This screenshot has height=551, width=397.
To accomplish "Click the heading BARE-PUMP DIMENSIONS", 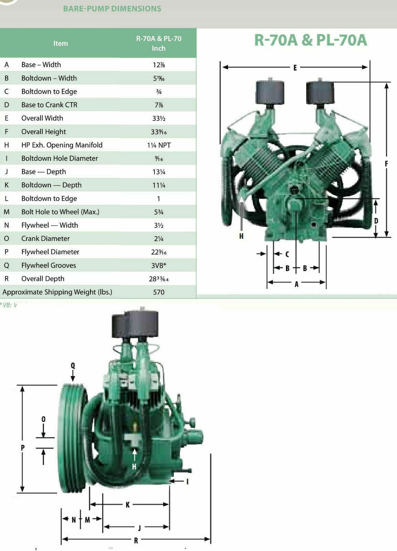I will [x=112, y=9].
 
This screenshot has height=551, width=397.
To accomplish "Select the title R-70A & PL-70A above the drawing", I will [x=310, y=40].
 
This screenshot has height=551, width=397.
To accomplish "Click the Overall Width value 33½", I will [x=159, y=118].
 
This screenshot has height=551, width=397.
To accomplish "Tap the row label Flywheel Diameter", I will [x=50, y=252].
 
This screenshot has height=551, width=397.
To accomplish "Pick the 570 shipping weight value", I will [x=159, y=292].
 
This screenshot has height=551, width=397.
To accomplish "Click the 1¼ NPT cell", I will [x=159, y=145].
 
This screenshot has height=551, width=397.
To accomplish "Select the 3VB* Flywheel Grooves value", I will [x=159, y=266].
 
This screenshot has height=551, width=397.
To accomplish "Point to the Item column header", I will [x=61, y=44].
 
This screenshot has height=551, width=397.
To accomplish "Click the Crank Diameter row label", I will [x=45, y=239].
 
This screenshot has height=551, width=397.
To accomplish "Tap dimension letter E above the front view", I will [x=295, y=68].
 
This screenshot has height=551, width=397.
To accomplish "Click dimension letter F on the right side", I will [x=386, y=164].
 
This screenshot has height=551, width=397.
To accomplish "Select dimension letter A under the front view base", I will [x=297, y=284].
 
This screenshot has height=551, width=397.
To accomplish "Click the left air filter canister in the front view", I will [x=270, y=92].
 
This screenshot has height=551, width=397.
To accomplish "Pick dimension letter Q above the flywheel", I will [x=73, y=366].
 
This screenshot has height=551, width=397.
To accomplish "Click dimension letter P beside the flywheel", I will [x=23, y=448].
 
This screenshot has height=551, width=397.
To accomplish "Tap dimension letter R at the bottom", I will [x=136, y=541].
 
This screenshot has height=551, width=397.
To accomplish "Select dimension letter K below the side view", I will [x=128, y=505].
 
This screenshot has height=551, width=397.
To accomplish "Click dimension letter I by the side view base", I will [x=187, y=481].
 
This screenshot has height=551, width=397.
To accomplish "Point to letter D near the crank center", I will [x=376, y=221].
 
